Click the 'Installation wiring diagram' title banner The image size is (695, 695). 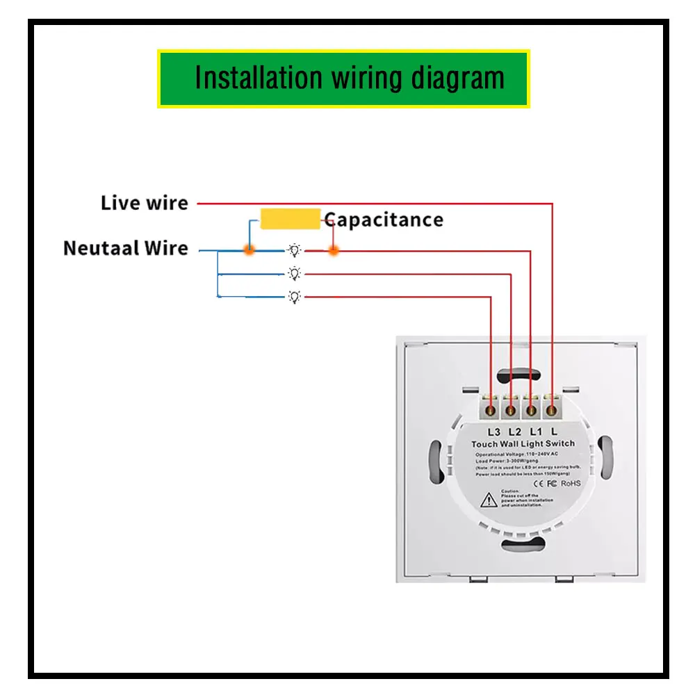pyautogui.click(x=343, y=78)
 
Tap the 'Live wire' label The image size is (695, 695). pyautogui.click(x=145, y=204)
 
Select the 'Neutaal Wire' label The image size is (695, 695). pyautogui.click(x=126, y=248)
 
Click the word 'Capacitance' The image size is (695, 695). pyautogui.click(x=384, y=220)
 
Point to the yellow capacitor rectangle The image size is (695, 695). pyautogui.click(x=290, y=219)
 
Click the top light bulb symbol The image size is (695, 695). pyautogui.click(x=295, y=250)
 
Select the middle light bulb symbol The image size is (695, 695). pyautogui.click(x=295, y=274)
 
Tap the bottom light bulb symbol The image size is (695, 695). pyautogui.click(x=295, y=297)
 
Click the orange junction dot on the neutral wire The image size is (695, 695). pyautogui.click(x=248, y=250)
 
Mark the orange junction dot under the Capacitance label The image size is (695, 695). pyautogui.click(x=334, y=250)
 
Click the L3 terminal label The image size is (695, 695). pyautogui.click(x=494, y=431)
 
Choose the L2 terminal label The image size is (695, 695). pyautogui.click(x=514, y=431)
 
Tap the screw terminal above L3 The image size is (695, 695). pyautogui.click(x=492, y=409)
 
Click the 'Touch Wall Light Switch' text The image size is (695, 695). pyautogui.click(x=523, y=444)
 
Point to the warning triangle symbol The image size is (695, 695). pyautogui.click(x=490, y=498)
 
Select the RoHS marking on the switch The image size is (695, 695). pyautogui.click(x=571, y=482)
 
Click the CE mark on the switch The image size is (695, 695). pyautogui.click(x=537, y=482)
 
